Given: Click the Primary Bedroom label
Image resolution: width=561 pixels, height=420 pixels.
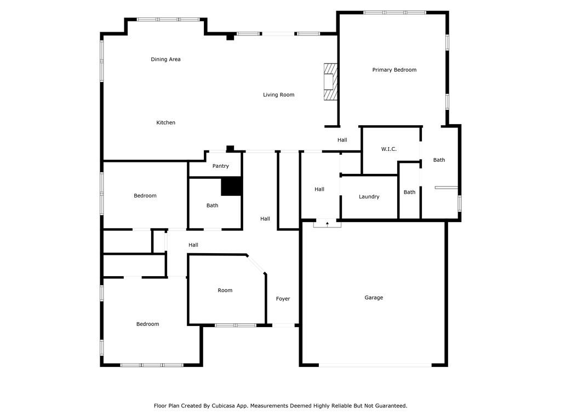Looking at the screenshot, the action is click(394, 69).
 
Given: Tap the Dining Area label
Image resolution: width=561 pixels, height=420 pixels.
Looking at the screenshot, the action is click(165, 59).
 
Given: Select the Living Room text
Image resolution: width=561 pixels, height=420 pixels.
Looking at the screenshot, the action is click(279, 95).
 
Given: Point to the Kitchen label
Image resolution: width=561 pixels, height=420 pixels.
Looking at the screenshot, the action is click(165, 122).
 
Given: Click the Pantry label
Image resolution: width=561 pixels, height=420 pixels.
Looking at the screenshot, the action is click(220, 166).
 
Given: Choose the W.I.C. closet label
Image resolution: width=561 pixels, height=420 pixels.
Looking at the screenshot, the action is click(389, 149).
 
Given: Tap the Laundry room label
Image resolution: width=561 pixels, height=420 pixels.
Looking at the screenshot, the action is click(369, 197).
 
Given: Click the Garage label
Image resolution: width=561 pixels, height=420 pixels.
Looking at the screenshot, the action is click(374, 297).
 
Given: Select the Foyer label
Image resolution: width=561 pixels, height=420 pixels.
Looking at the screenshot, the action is click(283, 299).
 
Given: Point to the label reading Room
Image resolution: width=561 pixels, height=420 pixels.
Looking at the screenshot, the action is click(225, 290).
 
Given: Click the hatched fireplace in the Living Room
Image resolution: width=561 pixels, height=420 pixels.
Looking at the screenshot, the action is click(330, 82).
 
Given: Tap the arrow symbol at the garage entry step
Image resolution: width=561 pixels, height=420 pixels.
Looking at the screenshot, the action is click(328, 224).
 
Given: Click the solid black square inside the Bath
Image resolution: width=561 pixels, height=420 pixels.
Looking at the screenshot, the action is click(232, 186).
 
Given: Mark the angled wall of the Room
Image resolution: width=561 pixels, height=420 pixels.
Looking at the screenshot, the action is click(256, 264).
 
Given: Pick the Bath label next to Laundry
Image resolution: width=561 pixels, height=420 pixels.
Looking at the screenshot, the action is click(409, 192).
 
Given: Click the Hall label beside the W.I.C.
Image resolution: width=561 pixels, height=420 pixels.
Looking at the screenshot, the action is click(342, 140).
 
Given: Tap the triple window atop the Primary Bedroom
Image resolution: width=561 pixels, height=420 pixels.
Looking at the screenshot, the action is click(394, 13).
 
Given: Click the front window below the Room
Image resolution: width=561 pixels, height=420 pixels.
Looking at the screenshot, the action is click(236, 325).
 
